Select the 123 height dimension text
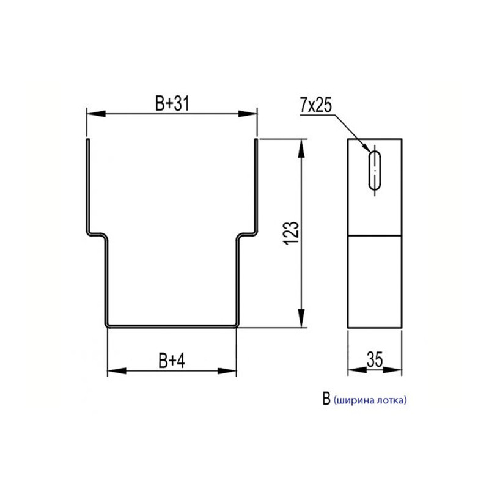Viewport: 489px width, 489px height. [x=292, y=233]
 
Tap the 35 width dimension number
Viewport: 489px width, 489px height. [x=375, y=359]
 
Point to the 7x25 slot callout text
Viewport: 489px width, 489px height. [x=316, y=105]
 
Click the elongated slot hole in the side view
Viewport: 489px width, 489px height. [x=375, y=171]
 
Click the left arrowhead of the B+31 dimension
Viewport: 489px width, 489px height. [x=96, y=114]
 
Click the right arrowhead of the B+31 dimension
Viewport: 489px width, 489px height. [x=248, y=114]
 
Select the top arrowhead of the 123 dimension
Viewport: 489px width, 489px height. [x=301, y=149]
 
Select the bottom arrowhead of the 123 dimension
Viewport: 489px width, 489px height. [x=301, y=318]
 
